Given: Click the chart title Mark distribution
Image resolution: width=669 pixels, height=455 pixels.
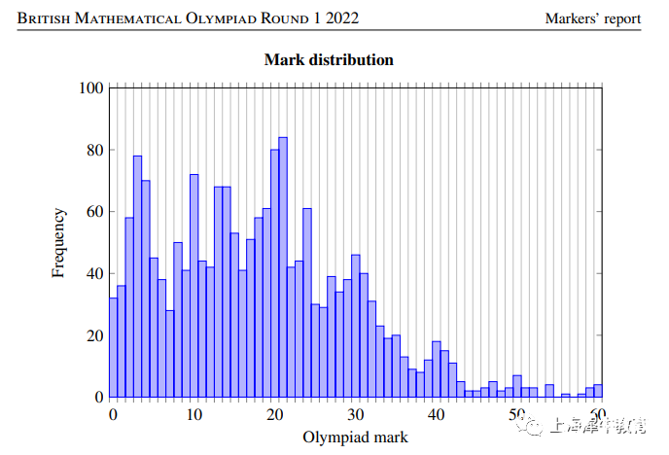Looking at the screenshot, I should point(329,60).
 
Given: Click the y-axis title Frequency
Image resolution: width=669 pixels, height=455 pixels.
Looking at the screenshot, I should point(59,242).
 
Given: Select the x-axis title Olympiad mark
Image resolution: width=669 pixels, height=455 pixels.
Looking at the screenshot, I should point(356,437).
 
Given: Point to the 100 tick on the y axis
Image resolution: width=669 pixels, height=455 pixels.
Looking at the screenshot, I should point(90,88).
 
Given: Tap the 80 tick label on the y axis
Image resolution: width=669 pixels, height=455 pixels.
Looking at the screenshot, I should point(94,151).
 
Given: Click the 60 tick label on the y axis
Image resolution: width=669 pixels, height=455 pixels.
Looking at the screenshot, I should point(94,212).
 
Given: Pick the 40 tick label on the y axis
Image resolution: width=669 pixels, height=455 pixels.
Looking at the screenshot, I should point(94,274).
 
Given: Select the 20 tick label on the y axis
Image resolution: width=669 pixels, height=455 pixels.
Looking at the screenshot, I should point(94,336).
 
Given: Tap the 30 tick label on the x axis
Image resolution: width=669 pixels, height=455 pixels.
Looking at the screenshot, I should point(357,416).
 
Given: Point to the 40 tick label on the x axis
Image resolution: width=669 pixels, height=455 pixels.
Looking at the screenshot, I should point(438,416).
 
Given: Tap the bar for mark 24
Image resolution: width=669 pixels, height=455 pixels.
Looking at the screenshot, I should point(307,302).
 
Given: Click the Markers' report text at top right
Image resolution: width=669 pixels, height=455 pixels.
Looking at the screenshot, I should point(593,18).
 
